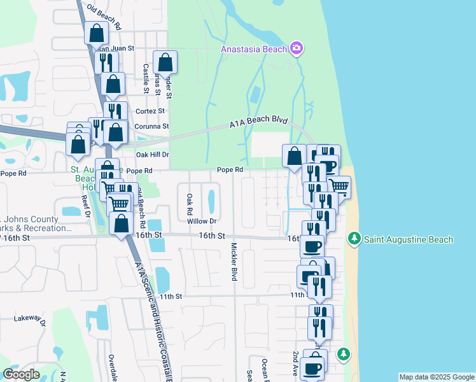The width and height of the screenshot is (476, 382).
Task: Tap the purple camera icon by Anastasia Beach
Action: [x=296, y=48]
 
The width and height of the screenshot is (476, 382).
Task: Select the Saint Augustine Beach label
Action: [x=408, y=239]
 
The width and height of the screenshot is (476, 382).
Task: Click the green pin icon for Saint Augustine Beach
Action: [x=354, y=239]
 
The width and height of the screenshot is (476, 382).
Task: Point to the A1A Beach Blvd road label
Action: [x=259, y=124]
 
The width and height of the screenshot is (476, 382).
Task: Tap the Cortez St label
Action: [x=150, y=111]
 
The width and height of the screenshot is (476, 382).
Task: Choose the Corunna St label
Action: [x=151, y=126]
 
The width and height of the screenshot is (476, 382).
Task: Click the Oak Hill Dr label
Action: [x=152, y=154]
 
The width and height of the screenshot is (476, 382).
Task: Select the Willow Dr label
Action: [x=202, y=221]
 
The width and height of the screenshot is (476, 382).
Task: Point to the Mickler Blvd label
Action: [x=234, y=262]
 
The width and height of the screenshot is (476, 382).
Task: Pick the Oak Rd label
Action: [x=190, y=204]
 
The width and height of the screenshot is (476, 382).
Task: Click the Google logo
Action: [x=21, y=374]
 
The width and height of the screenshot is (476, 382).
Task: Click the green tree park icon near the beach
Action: [x=343, y=353]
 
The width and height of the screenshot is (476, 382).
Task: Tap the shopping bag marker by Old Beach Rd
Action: [x=95, y=33]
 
